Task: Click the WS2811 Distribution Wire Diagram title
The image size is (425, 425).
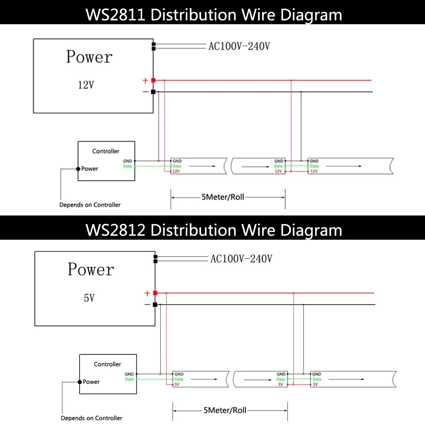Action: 214,15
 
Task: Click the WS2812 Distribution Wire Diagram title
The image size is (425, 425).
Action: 214,230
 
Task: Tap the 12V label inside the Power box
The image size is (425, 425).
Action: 85,85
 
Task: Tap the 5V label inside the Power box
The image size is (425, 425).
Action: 89,298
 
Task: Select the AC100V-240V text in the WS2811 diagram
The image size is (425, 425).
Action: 239,46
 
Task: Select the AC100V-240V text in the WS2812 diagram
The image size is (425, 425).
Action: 241,258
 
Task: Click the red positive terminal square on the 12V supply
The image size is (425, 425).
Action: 153,80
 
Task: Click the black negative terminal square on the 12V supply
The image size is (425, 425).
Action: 153,92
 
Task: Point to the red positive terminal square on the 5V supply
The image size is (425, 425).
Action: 155,293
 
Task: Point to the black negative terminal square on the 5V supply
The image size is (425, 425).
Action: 155,305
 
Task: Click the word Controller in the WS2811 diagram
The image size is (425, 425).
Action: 106,151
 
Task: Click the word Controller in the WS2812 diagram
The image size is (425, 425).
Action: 108,364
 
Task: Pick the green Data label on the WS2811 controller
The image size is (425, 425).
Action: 127,166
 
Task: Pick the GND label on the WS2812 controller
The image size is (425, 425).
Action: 129,374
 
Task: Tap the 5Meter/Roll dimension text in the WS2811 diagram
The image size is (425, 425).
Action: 223,197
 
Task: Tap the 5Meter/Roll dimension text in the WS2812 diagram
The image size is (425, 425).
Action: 225,410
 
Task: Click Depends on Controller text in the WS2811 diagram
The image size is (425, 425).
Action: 90,205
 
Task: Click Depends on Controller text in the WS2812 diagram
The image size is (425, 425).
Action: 91,418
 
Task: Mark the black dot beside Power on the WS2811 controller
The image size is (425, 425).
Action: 78,169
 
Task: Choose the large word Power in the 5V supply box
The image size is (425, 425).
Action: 91,269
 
